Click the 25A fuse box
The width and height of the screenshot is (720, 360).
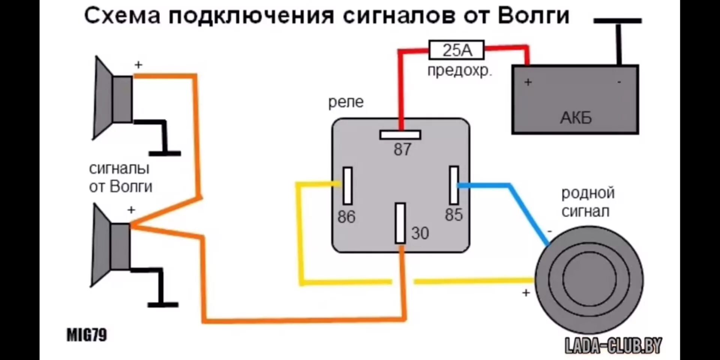(x=456, y=50)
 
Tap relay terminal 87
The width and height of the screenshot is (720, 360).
(x=400, y=135)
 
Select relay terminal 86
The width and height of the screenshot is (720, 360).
(x=348, y=186)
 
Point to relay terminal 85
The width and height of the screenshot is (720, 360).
(x=454, y=185)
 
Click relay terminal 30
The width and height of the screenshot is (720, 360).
(x=400, y=223)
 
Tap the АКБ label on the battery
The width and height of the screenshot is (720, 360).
(x=576, y=118)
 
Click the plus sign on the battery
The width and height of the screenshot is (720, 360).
(x=528, y=82)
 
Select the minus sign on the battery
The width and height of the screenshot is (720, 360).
(x=619, y=82)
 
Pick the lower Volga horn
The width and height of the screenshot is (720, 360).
(x=111, y=246)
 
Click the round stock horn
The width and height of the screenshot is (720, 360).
(x=589, y=280)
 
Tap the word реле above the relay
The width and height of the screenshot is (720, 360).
(x=346, y=102)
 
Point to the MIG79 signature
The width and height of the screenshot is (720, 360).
(x=87, y=335)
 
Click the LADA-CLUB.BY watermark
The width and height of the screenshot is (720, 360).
(x=613, y=345)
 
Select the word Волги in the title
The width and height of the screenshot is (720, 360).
(x=534, y=16)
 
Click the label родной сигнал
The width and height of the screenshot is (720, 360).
(x=588, y=202)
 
